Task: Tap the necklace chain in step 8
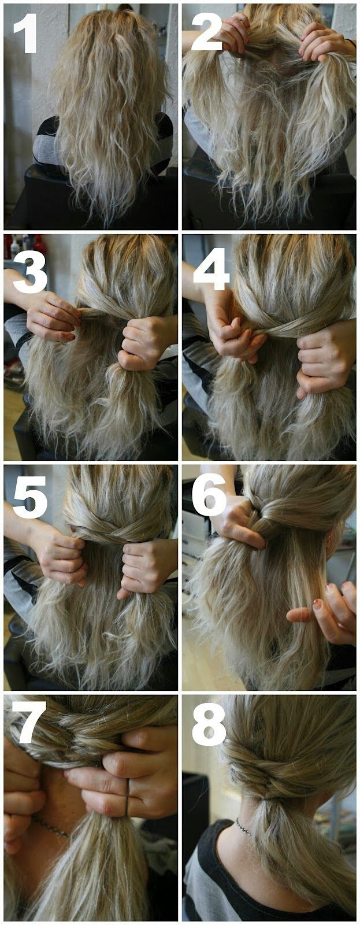tap(244, 827)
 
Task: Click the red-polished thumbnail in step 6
tap(317, 604)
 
